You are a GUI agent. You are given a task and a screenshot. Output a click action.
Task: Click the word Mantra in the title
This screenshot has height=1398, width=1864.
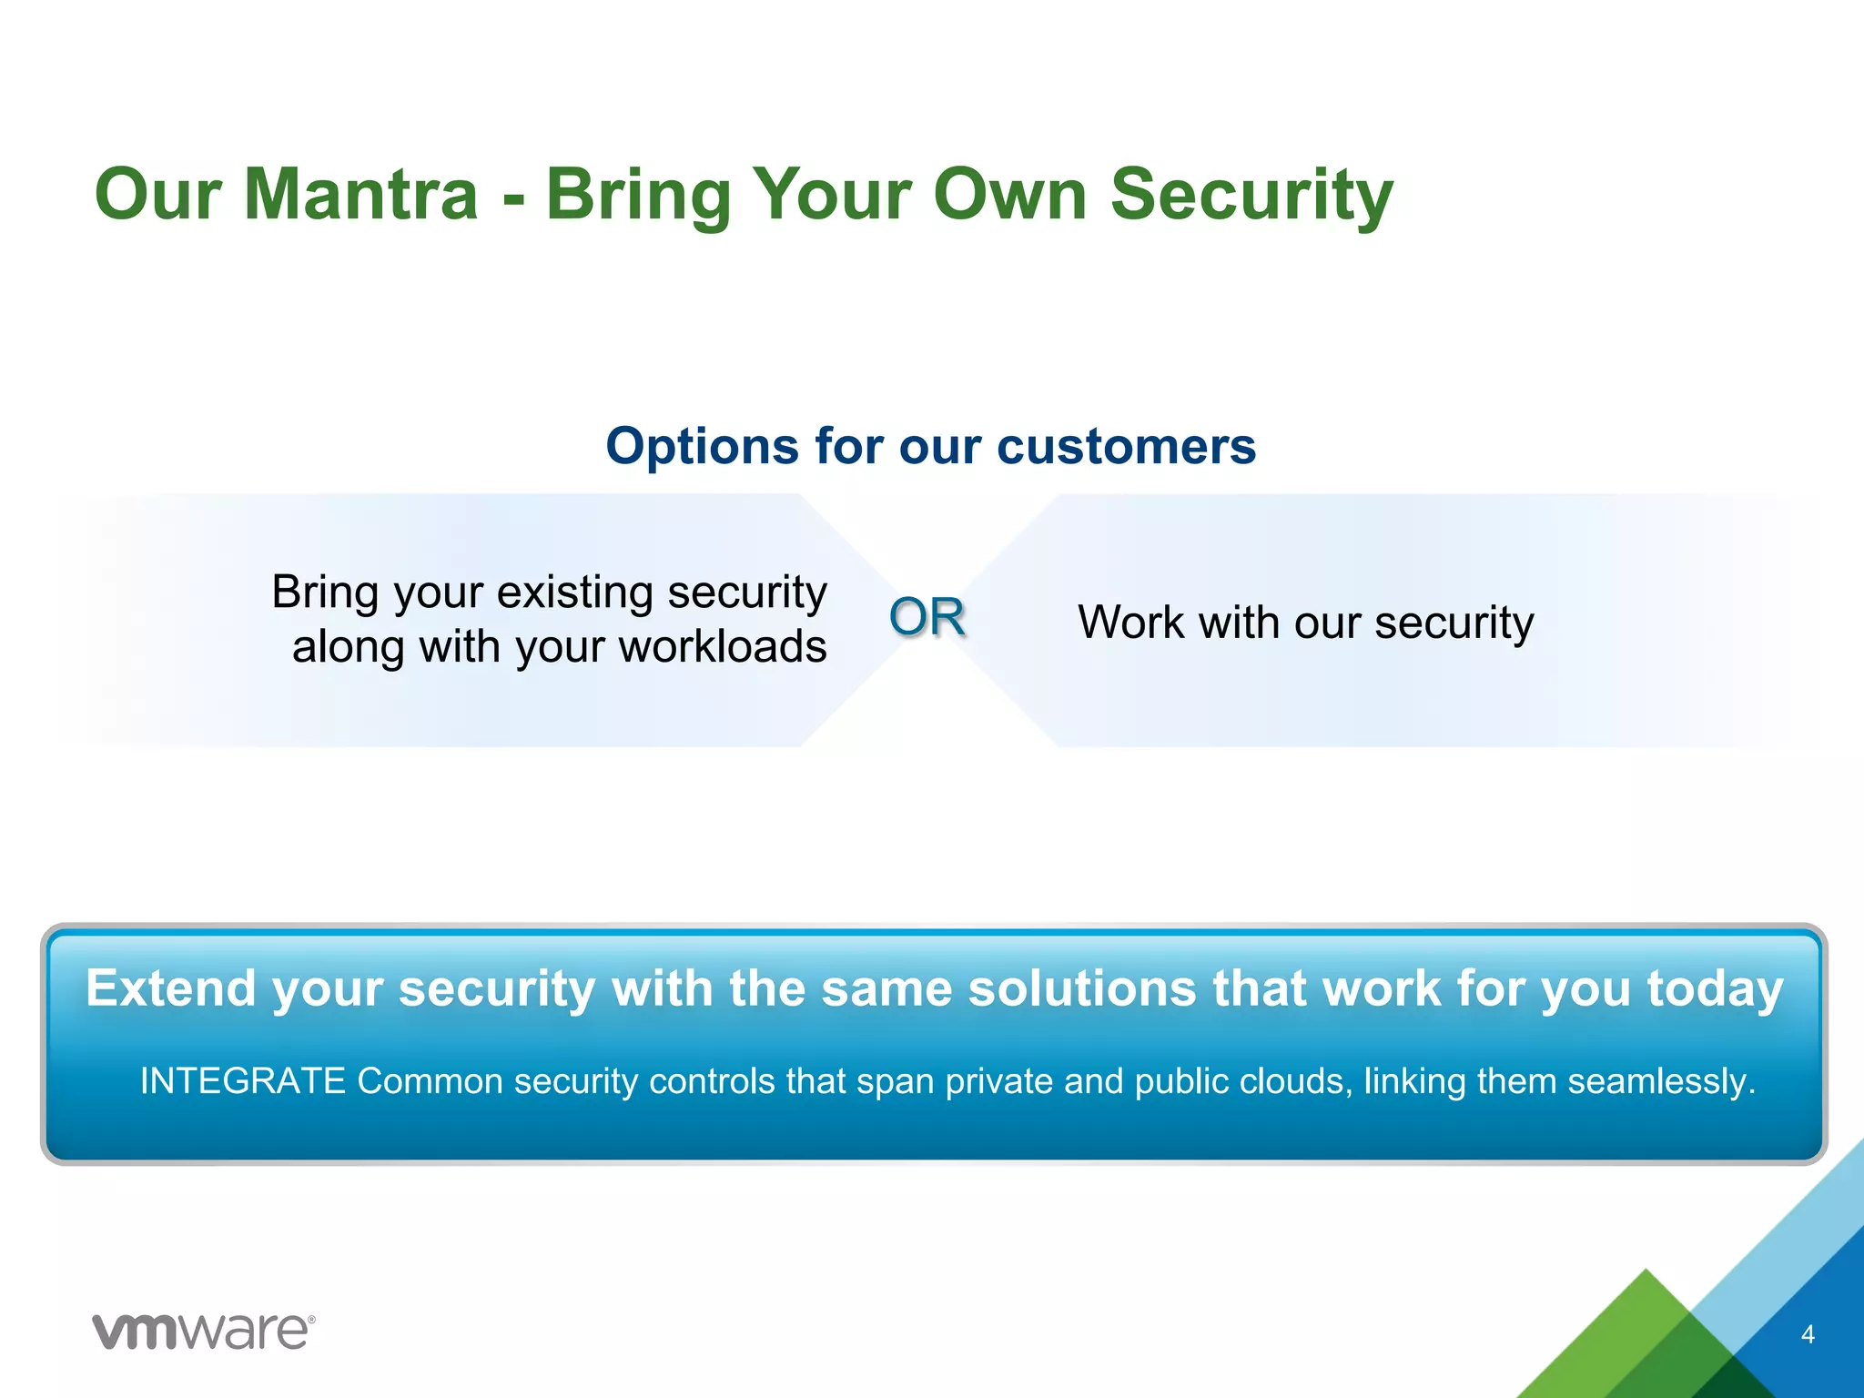click(360, 194)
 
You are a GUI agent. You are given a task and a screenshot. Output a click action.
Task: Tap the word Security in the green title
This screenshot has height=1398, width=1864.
click(1251, 194)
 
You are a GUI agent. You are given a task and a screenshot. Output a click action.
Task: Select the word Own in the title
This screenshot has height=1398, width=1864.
click(1010, 194)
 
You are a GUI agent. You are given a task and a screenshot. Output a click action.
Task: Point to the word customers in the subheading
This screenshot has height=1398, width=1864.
click(1126, 446)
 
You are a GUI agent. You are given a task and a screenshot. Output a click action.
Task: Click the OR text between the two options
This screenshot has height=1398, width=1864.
click(927, 617)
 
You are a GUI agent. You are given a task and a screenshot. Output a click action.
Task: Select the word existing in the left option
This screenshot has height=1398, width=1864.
click(573, 593)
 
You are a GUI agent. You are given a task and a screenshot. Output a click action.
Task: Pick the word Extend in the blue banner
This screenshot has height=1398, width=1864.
click(170, 988)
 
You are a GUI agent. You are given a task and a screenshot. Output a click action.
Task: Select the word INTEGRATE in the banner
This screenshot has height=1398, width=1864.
click(242, 1081)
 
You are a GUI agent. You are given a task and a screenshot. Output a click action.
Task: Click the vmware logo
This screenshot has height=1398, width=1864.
click(204, 1332)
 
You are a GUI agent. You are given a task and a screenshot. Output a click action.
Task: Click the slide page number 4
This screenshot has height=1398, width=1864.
click(1808, 1334)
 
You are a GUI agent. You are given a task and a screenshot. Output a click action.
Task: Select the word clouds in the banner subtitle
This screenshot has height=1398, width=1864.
click(1294, 1081)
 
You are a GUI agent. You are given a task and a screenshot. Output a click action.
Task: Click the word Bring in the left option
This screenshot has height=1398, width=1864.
click(325, 593)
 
